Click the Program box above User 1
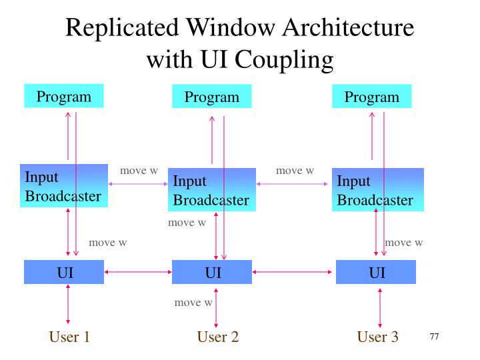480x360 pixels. pyautogui.click(x=63, y=97)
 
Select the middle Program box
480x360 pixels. pyautogui.click(x=212, y=97)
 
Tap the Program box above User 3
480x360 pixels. pyautogui.click(x=371, y=97)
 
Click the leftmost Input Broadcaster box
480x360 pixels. pyautogui.click(x=63, y=186)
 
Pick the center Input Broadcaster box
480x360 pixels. pyautogui.click(x=211, y=190)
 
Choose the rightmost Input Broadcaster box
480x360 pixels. pyautogui.click(x=378, y=190)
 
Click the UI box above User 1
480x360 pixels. pyautogui.click(x=64, y=272)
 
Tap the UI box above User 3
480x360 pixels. pyautogui.click(x=376, y=272)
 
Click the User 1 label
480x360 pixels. pyautogui.click(x=69, y=337)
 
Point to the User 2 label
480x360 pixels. pyautogui.click(x=217, y=337)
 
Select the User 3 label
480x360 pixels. pyautogui.click(x=377, y=337)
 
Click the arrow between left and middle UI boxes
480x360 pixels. pyautogui.click(x=138, y=272)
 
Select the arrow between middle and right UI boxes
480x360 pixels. pyautogui.click(x=294, y=272)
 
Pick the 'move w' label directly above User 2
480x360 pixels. pyautogui.click(x=193, y=303)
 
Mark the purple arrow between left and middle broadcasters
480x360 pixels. pyautogui.click(x=138, y=184)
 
